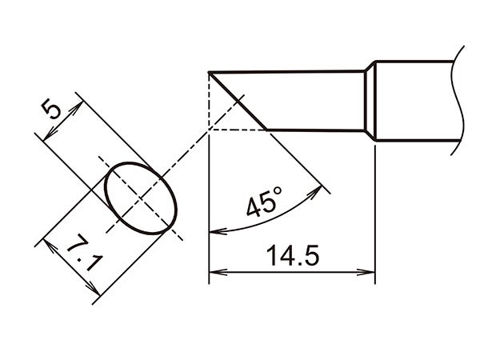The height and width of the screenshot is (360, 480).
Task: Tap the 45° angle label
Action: click(264, 203)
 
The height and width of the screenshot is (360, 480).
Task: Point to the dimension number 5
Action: click(53, 108)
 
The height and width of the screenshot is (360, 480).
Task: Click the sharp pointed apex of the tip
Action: click(209, 73)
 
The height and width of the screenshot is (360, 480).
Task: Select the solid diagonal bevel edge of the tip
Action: click(238, 101)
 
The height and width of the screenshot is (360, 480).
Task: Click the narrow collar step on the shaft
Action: click(370, 101)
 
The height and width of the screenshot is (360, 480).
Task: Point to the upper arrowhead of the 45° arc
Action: click(324, 190)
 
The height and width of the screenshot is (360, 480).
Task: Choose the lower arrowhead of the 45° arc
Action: click(213, 233)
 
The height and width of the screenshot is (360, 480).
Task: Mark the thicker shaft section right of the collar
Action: click(416, 101)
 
